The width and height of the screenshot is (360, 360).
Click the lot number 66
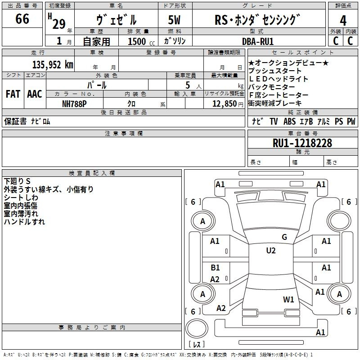click(22, 18)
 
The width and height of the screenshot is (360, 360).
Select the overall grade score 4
click(343, 20)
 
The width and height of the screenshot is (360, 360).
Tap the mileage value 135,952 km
click(53, 64)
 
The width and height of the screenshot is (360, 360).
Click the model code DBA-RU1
click(258, 41)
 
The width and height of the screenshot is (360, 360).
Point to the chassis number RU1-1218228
click(302, 143)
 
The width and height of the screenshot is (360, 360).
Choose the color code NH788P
click(74, 104)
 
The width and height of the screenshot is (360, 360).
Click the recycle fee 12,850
click(225, 103)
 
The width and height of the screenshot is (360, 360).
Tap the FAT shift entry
click(13, 94)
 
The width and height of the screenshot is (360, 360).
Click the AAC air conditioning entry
click(35, 94)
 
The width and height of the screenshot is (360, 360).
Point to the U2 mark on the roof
click(271, 250)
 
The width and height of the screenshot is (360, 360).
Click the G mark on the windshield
click(284, 237)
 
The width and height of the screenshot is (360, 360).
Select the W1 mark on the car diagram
click(288, 299)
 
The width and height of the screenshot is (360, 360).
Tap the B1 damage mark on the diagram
click(215, 267)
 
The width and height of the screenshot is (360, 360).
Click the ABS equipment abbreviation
click(289, 121)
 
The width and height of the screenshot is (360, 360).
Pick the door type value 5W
click(174, 20)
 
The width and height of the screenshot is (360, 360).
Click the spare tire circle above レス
click(197, 329)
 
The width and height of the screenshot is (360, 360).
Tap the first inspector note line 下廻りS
click(17, 181)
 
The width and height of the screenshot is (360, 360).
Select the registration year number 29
click(59, 24)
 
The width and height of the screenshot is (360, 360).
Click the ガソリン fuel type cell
click(175, 41)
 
